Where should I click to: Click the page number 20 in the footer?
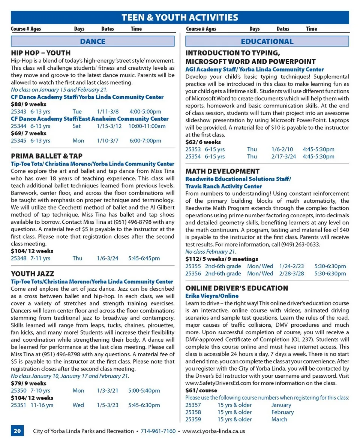17,431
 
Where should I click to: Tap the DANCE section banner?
93,41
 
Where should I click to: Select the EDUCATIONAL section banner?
267,41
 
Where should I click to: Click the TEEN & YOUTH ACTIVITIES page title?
180,17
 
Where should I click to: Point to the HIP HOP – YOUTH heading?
40,53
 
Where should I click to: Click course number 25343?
18,112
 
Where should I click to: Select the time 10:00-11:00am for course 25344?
147,126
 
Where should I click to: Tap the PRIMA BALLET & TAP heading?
46,156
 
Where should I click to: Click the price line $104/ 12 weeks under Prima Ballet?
32,251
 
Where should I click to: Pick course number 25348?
18,258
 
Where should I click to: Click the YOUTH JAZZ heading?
32,274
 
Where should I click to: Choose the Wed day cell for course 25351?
78,405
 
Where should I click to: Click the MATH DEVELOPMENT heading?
222,172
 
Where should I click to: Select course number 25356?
193,274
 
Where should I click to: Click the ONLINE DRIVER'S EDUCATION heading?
237,288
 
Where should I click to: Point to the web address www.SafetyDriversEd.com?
218,383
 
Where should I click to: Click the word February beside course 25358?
282,412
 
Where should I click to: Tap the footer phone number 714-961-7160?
158,431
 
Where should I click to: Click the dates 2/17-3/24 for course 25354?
283,157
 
